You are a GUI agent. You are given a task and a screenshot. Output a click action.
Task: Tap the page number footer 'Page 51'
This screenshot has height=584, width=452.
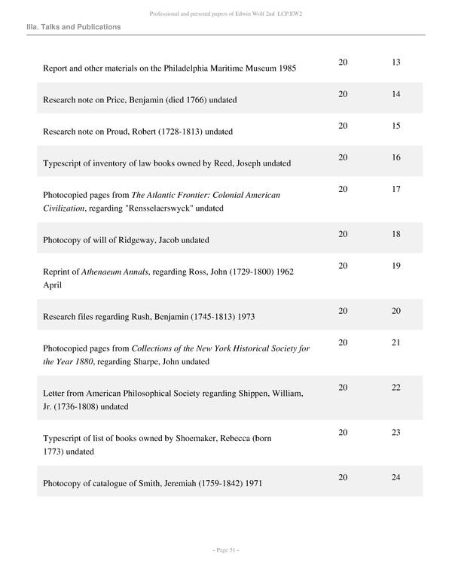(225, 551)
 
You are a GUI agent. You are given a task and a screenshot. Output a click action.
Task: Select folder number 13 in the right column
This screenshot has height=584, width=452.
(396, 62)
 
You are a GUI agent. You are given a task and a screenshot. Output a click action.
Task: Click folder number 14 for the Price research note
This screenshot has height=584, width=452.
(396, 94)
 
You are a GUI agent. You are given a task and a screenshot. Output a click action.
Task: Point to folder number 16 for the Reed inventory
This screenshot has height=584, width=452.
(396, 157)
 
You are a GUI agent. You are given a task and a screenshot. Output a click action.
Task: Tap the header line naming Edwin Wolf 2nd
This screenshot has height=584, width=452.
(225, 12)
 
